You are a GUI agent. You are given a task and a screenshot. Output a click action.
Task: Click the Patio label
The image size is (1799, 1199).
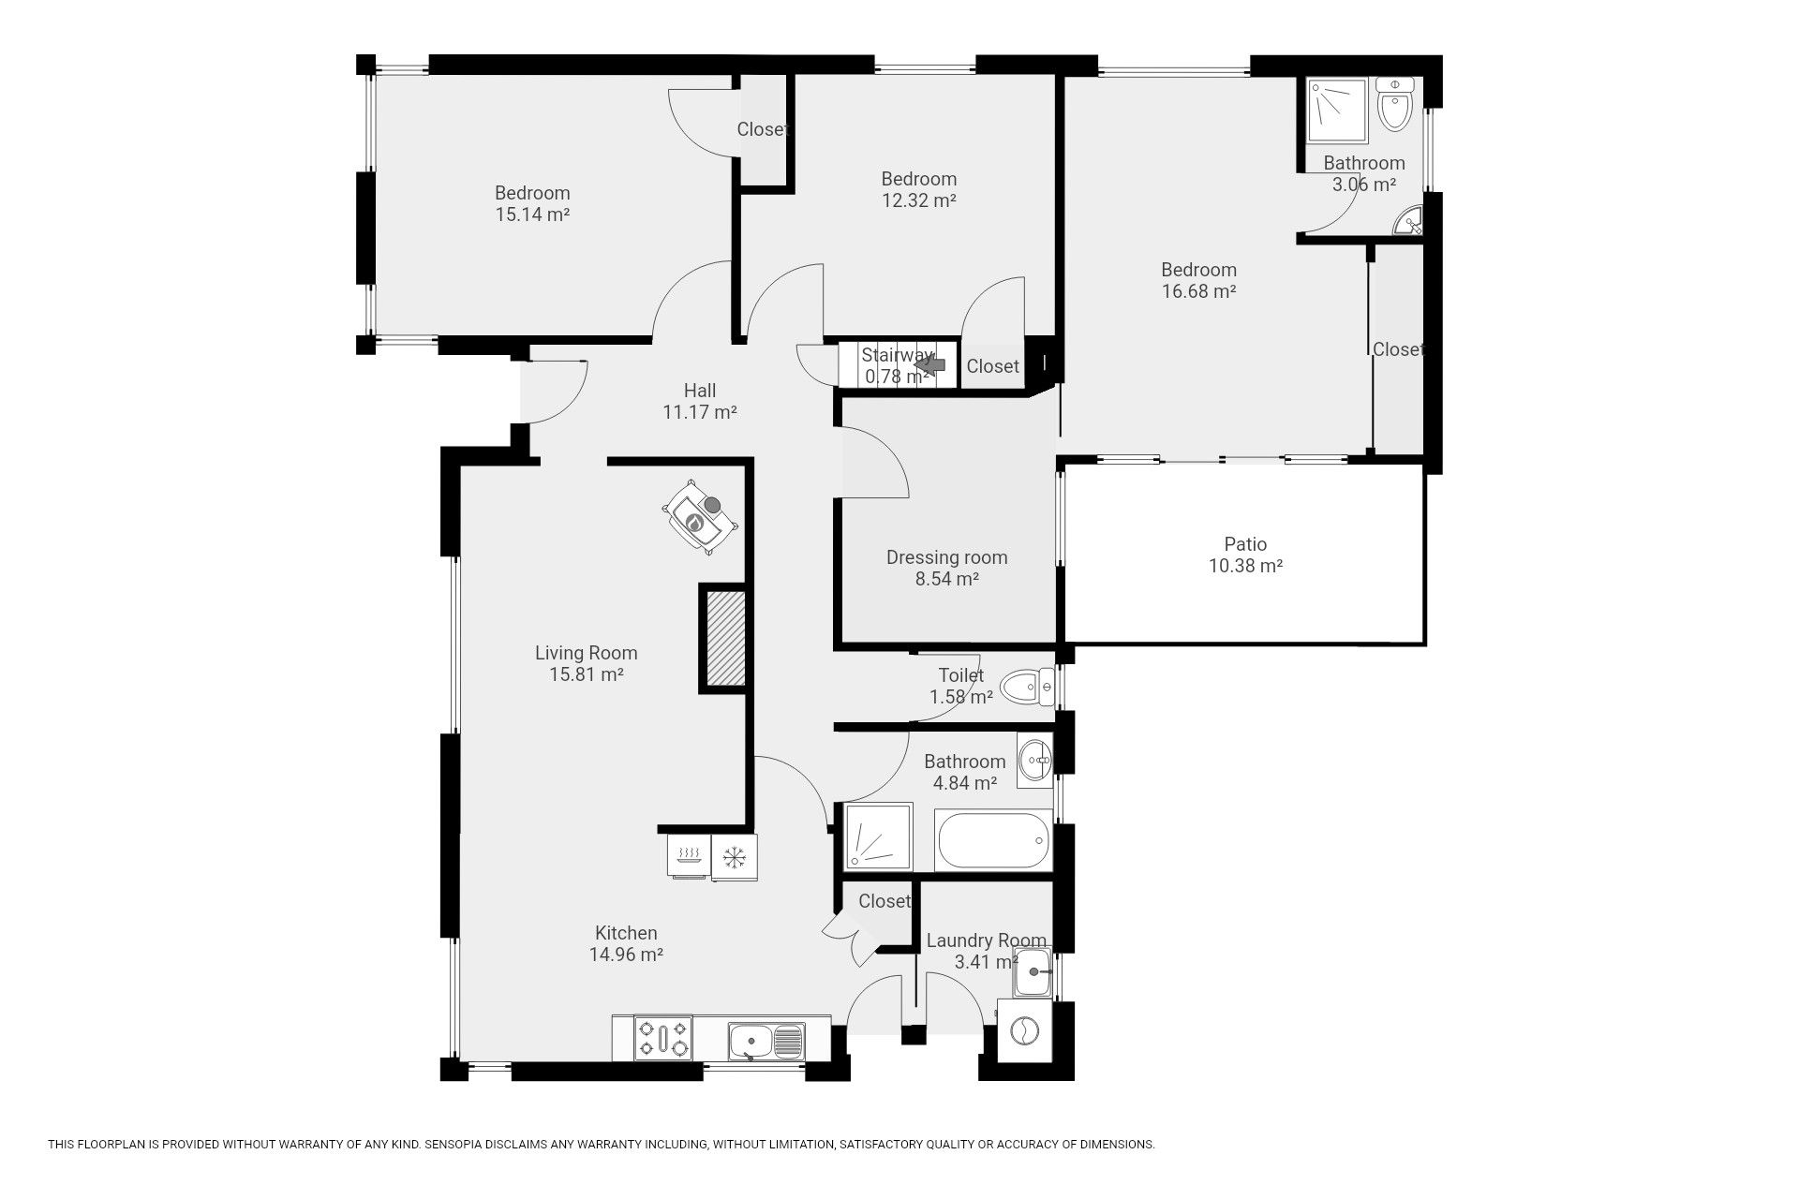1245,544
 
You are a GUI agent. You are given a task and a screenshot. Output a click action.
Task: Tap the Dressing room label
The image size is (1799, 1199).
946,557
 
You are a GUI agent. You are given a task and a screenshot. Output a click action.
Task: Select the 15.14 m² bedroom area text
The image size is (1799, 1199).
532,215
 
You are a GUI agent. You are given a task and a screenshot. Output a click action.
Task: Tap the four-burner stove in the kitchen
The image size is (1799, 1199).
663,1038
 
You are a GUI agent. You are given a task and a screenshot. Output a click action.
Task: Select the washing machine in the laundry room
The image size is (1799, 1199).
1024,1031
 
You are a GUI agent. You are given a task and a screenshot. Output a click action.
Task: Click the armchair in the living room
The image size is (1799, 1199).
701,518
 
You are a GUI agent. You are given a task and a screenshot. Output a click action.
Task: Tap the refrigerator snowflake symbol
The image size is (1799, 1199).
734,856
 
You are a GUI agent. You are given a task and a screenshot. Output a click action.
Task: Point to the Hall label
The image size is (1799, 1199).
700,391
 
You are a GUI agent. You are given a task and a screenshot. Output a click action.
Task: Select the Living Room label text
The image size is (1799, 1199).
587,653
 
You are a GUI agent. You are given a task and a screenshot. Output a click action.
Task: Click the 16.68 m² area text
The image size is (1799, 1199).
1199,291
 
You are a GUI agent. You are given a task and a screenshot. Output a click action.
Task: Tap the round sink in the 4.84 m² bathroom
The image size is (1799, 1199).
1035,760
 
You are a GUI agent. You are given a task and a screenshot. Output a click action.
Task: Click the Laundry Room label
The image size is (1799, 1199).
987,940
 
